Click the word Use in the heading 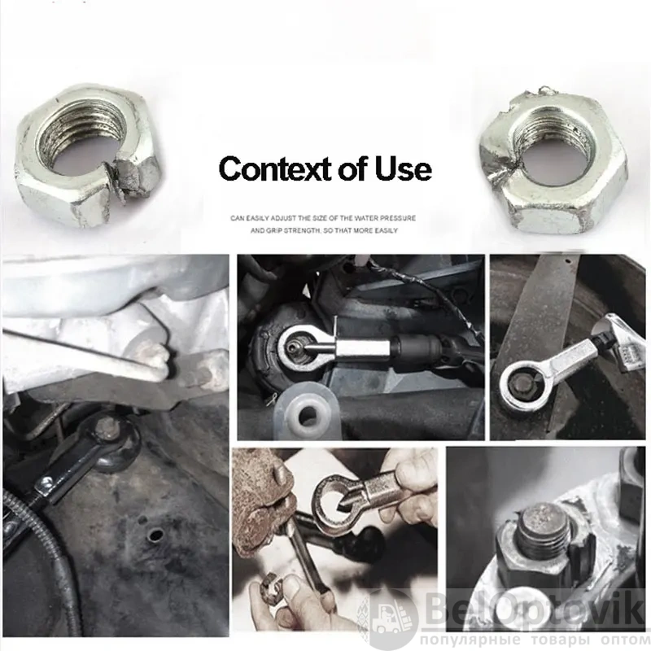(x=404, y=169)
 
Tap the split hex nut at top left (x=86, y=156)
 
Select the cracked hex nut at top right (x=553, y=161)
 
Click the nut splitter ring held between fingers (x=335, y=504)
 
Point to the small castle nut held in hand (x=271, y=581)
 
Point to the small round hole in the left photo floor (x=155, y=535)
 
